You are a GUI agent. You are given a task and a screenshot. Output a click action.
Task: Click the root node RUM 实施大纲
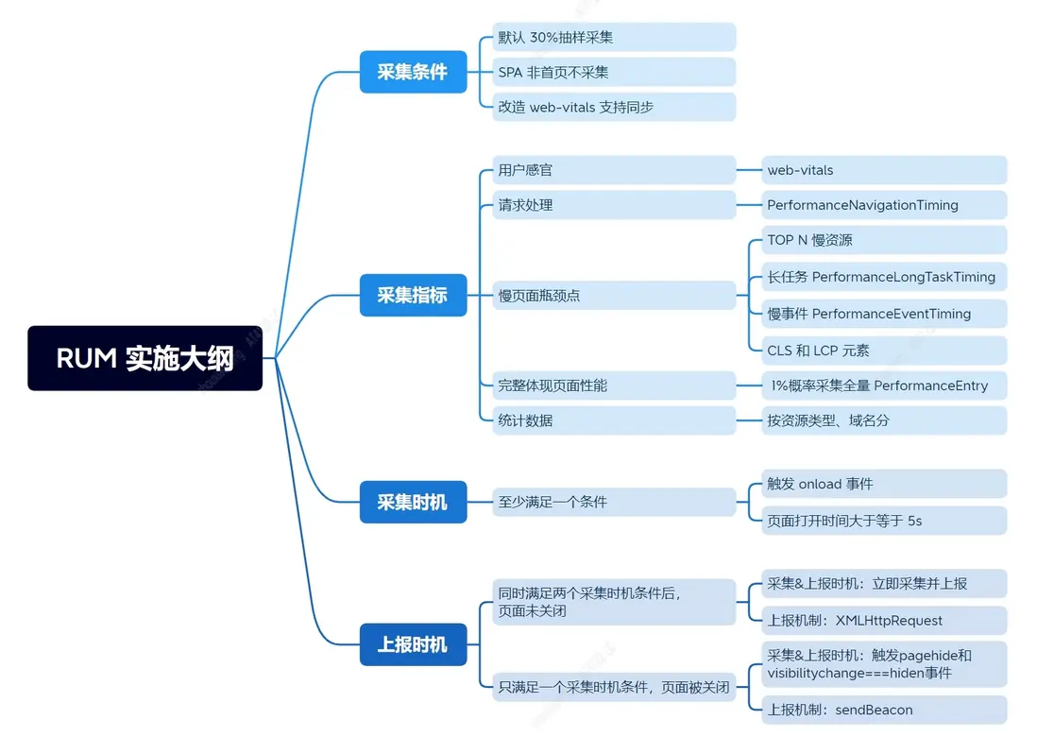point(144,358)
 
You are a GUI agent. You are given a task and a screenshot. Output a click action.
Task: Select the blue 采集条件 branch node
point(413,72)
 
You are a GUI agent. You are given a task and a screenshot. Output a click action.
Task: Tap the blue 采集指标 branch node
point(413,295)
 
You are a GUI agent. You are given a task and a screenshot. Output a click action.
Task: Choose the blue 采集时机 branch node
point(413,502)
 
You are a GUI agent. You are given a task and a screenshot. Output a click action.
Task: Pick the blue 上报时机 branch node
point(413,645)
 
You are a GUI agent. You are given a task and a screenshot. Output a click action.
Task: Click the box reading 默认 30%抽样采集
point(613,38)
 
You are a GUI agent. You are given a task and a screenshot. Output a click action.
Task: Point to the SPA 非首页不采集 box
point(613,72)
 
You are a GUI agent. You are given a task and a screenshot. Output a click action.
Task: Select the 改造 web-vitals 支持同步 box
point(613,107)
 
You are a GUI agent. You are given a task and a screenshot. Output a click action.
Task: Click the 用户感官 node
point(613,170)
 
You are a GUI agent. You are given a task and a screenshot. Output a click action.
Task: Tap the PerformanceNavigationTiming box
point(883,205)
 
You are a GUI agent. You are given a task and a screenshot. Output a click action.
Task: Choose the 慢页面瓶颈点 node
point(613,296)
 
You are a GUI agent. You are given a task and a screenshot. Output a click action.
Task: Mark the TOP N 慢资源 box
point(883,240)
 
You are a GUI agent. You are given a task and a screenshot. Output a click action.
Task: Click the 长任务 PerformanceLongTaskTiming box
point(883,277)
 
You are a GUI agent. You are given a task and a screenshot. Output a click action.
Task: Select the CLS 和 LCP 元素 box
point(883,351)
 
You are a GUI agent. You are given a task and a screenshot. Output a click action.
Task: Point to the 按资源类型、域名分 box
point(883,420)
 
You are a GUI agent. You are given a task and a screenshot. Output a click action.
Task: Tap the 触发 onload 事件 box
point(883,484)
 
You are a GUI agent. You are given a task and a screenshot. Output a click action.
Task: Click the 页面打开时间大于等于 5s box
point(883,521)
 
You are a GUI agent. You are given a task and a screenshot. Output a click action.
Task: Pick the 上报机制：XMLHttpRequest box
point(883,621)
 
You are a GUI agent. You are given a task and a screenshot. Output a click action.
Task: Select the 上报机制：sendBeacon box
point(883,710)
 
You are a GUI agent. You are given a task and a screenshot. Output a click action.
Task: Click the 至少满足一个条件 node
point(613,502)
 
